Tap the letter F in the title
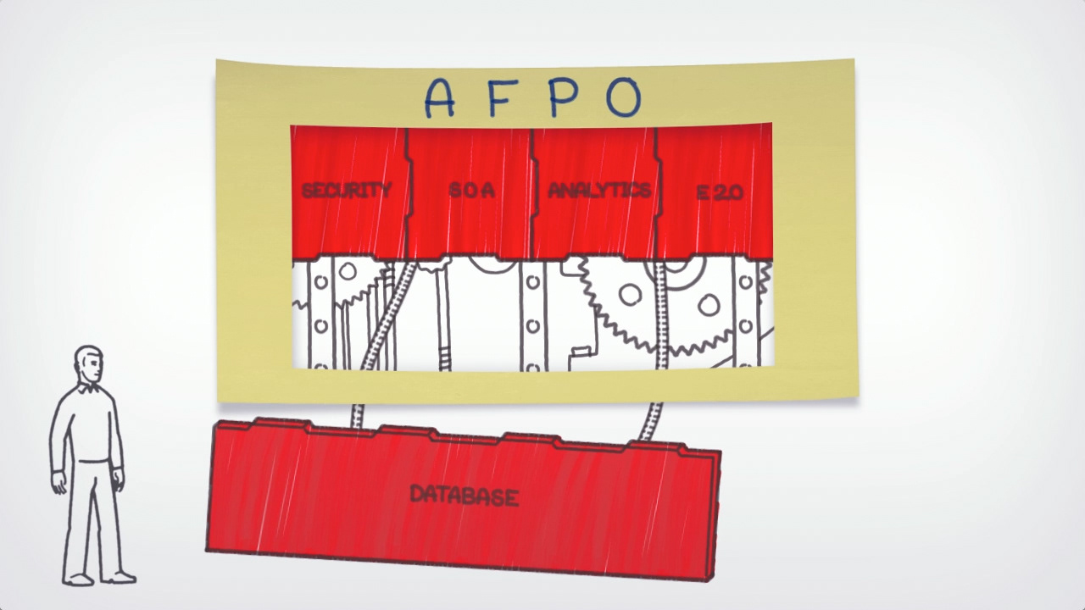[x=501, y=97]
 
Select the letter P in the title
[x=563, y=97]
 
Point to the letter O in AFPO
[x=623, y=97]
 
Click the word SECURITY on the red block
[x=348, y=191]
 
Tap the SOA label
[x=471, y=191]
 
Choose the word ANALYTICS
[x=598, y=190]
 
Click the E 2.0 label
[x=720, y=192]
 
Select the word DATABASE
[x=464, y=496]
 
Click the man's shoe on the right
[x=122, y=578]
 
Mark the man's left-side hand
[x=58, y=483]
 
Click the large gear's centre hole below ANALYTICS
[x=630, y=295]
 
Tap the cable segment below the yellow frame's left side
[x=357, y=415]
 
